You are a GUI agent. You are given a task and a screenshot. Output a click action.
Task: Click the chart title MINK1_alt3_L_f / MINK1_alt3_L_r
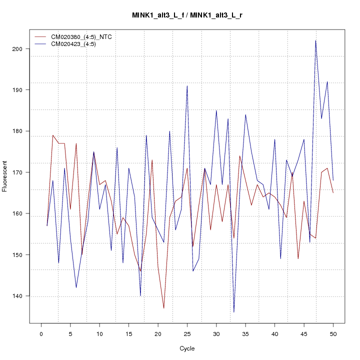coord(187,15)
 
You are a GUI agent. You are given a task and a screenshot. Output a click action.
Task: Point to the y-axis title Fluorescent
coord(5,176)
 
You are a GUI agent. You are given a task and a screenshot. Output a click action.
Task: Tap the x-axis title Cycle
coord(187,348)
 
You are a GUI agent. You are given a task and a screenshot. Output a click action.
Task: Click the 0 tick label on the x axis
coord(41,333)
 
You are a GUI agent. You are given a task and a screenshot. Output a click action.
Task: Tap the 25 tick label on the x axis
coord(187,333)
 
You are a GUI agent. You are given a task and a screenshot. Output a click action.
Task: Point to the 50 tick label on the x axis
coord(333,333)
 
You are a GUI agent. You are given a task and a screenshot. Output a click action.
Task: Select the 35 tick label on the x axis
coord(245,333)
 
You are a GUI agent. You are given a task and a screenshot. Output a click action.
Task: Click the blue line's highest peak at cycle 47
coord(315,40)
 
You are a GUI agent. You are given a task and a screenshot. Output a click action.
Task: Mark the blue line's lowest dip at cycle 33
coord(233,312)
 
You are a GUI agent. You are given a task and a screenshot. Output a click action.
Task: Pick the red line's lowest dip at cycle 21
coord(163,308)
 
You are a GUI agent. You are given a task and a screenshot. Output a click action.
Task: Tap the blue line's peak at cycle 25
coord(187,85)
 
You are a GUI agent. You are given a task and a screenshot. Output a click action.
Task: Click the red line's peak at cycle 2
coord(52,135)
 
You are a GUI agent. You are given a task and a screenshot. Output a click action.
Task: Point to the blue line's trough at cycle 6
coord(76,287)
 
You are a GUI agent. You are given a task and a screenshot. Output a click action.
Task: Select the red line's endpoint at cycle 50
coord(333,193)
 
